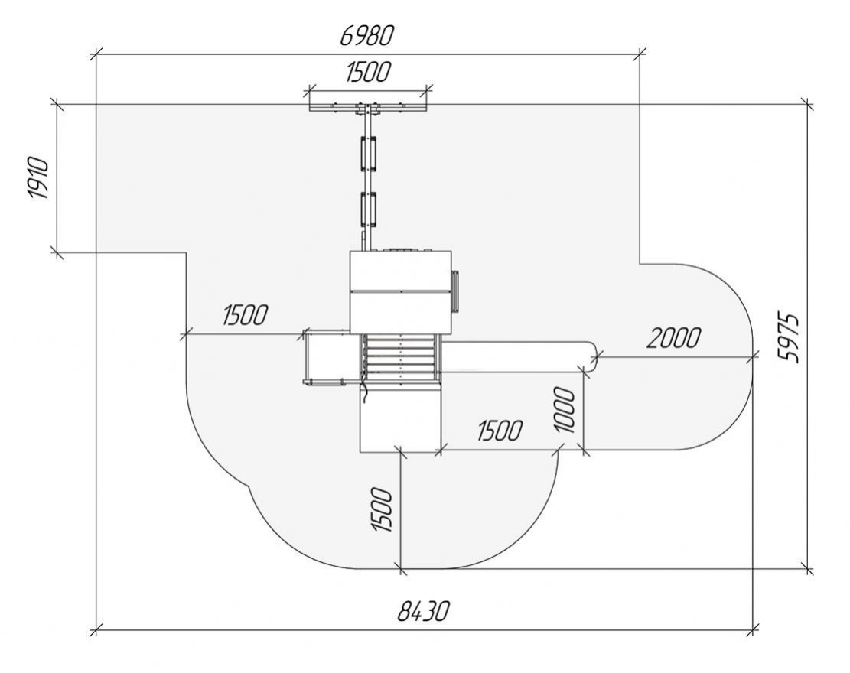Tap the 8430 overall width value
423,612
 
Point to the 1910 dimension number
39,179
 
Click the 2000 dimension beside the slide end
673,337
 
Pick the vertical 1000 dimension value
565,410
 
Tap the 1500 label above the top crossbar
368,73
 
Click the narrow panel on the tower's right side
456,291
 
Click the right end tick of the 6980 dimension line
640,54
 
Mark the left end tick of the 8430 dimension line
96,631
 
